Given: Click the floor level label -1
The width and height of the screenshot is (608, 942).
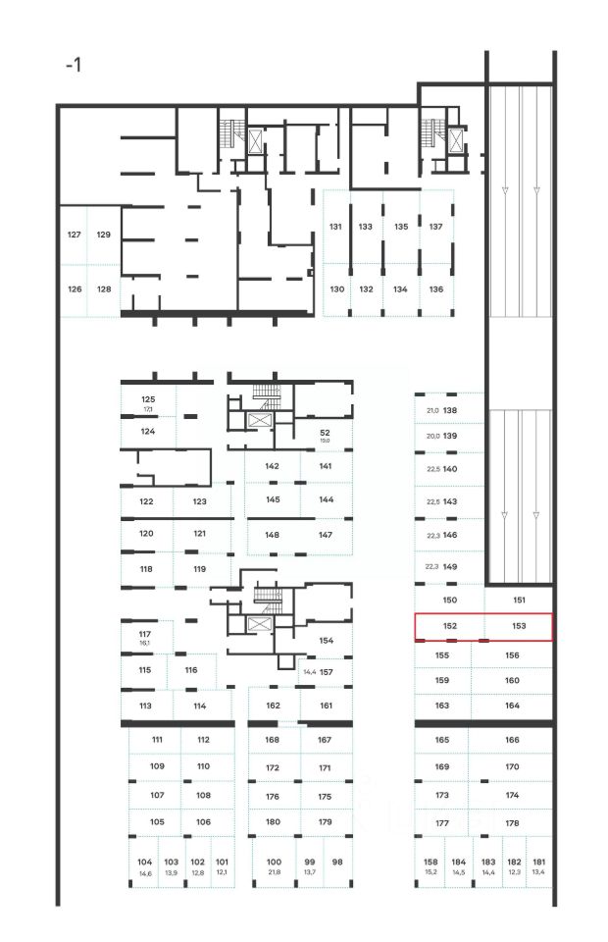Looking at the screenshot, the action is point(74,66).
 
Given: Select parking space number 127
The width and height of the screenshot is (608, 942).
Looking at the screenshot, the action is point(74,235).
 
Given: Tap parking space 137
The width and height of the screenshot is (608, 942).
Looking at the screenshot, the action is point(436,227).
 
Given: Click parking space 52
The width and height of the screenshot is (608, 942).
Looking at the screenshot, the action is point(325,433).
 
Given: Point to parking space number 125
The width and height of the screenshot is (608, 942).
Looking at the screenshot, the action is point(148,399).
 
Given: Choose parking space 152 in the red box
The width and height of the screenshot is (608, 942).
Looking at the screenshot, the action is point(451,625).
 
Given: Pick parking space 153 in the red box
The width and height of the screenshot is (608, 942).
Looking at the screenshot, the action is point(520,625).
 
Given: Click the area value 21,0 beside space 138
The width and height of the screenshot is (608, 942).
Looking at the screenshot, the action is point(431,410).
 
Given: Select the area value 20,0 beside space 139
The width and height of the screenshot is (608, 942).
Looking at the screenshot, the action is point(431,436).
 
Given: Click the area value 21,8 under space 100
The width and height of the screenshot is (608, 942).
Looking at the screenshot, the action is point(274,872).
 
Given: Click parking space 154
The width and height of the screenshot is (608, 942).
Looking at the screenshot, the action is point(327,641).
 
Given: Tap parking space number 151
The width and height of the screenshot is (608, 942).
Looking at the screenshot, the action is point(520,600).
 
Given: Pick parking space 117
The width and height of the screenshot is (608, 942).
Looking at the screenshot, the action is point(145,634).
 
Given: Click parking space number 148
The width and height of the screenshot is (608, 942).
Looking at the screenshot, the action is point(273,535).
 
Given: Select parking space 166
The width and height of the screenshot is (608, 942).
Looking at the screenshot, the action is point(512,740).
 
